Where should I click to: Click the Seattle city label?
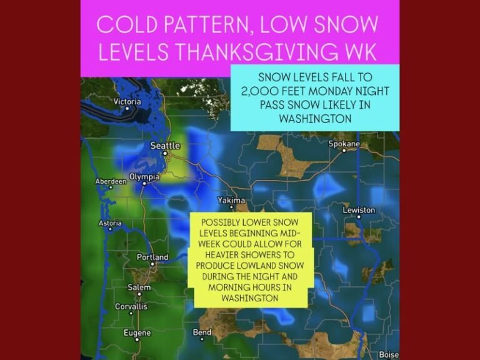point(165,146)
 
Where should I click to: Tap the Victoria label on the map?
point(127,101)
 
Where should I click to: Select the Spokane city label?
point(344,144)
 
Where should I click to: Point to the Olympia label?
point(144,177)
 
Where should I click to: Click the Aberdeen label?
point(111,181)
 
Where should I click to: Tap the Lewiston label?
point(359,210)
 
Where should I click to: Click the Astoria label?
point(111,223)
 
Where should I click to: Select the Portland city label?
point(152,257)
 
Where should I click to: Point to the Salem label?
point(139,287)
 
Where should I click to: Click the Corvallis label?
point(131,306)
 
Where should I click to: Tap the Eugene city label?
point(137,333)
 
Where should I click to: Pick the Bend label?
point(202,332)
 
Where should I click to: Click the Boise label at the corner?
point(389,354)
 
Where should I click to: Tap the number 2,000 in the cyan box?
point(270,91)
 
